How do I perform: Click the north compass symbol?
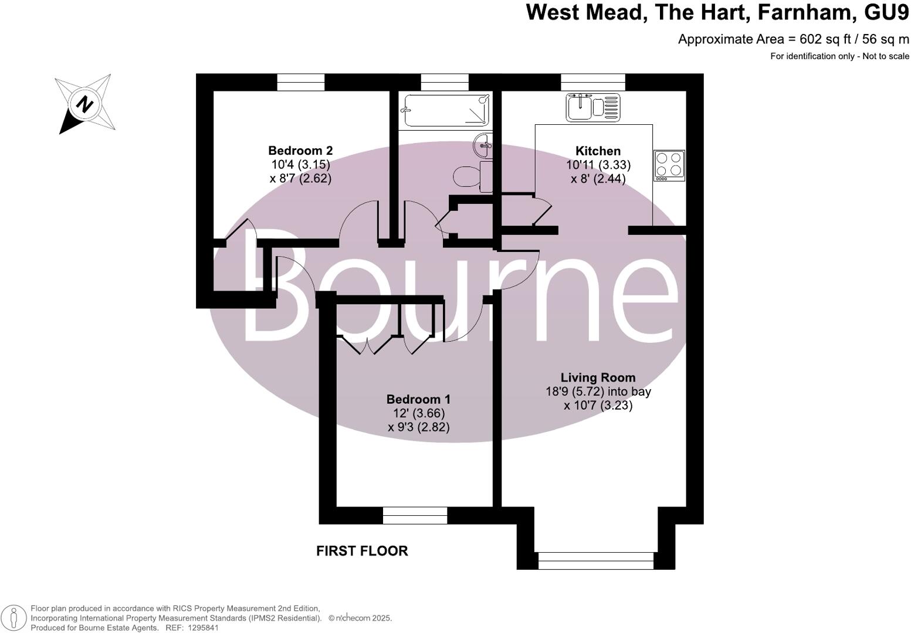(86, 104)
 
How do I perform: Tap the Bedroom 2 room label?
(300, 151)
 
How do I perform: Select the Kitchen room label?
(598, 151)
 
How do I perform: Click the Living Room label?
(598, 377)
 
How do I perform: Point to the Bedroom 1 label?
(418, 399)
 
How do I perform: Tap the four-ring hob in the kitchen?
(669, 165)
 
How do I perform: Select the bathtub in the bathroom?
(445, 110)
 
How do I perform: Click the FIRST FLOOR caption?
(362, 551)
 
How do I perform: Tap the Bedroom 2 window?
(301, 82)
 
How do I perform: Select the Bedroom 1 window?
(415, 515)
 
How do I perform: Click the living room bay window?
(595, 560)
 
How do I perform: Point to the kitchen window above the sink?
(593, 82)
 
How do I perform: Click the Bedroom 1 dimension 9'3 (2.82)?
(419, 427)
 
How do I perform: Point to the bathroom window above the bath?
(445, 82)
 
